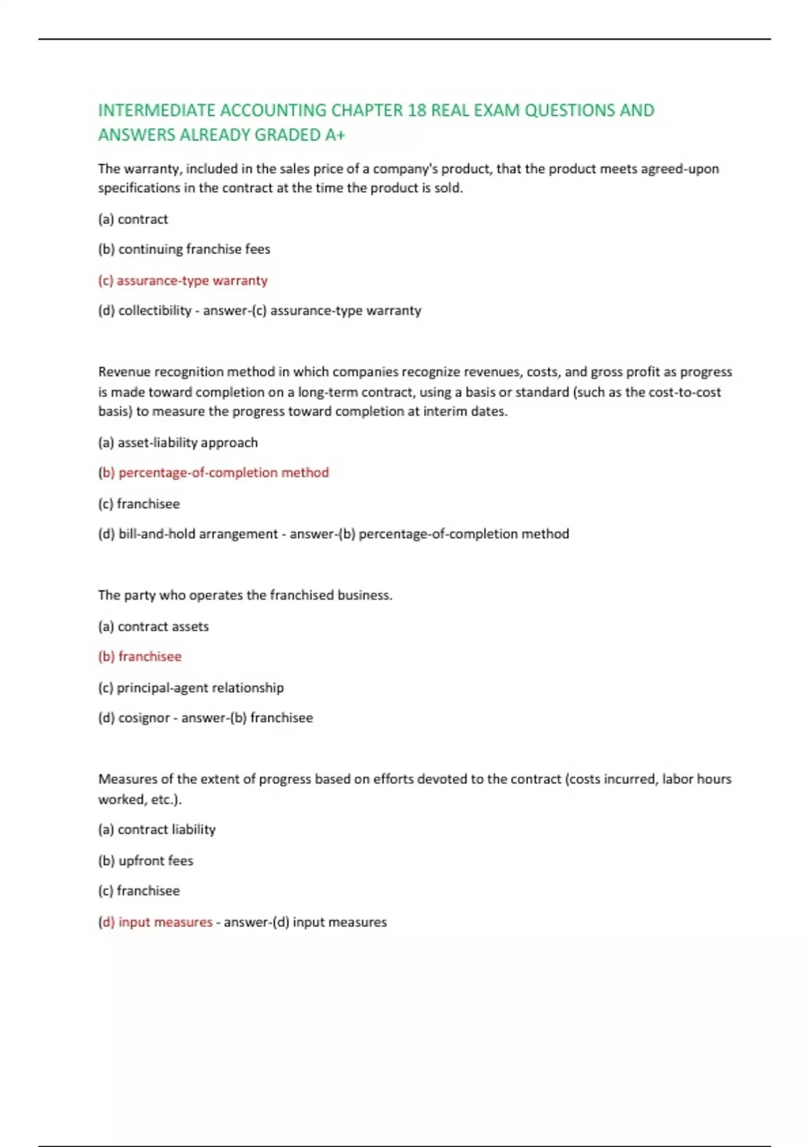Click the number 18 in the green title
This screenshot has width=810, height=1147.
pyautogui.click(x=416, y=110)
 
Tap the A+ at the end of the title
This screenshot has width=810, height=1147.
pyautogui.click(x=335, y=135)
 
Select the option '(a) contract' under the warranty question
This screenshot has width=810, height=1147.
pyautogui.click(x=133, y=219)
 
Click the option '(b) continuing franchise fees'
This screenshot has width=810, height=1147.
pyautogui.click(x=184, y=249)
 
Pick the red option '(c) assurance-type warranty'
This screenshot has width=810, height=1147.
pyautogui.click(x=183, y=280)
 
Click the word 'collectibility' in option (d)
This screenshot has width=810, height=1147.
pyautogui.click(x=155, y=310)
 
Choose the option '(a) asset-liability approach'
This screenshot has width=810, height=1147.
pyautogui.click(x=178, y=443)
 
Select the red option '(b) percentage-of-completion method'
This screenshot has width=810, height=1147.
pyautogui.click(x=214, y=472)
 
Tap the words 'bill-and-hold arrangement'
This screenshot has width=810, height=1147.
pyautogui.click(x=198, y=534)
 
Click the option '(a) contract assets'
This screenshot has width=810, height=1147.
pyautogui.click(x=153, y=626)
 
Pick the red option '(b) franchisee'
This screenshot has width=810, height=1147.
pyautogui.click(x=140, y=656)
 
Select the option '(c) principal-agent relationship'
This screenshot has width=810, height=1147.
pyautogui.click(x=191, y=688)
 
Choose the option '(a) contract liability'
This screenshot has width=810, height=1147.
pyautogui.click(x=157, y=829)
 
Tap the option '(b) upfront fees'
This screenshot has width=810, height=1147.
pyautogui.click(x=146, y=860)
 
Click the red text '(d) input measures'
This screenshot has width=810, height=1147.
pyautogui.click(x=155, y=922)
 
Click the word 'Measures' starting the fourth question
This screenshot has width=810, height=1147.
pyautogui.click(x=127, y=779)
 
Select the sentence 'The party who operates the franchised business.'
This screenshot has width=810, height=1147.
pyautogui.click(x=245, y=595)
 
